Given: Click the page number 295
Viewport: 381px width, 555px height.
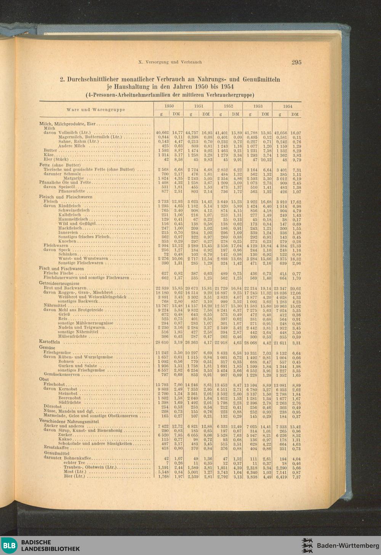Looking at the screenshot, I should click(x=296, y=62).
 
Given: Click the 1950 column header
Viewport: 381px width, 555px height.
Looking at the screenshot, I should click(x=169, y=106).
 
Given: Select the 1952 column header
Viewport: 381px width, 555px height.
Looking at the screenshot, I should click(x=228, y=106).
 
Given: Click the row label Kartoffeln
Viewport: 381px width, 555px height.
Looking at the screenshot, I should click(x=50, y=342).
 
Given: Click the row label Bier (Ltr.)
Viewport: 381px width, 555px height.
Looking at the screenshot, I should click(x=74, y=476).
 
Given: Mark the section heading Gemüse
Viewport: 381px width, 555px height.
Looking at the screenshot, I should click(x=47, y=348).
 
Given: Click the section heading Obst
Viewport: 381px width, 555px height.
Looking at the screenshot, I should click(x=44, y=379).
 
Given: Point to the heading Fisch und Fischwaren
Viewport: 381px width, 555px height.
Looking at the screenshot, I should click(x=61, y=269).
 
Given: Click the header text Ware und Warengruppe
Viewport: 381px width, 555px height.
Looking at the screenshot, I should click(x=96, y=110).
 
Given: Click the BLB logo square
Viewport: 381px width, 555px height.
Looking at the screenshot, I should click(x=10, y=545).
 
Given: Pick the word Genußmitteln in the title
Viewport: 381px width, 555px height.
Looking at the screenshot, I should click(x=261, y=80).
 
